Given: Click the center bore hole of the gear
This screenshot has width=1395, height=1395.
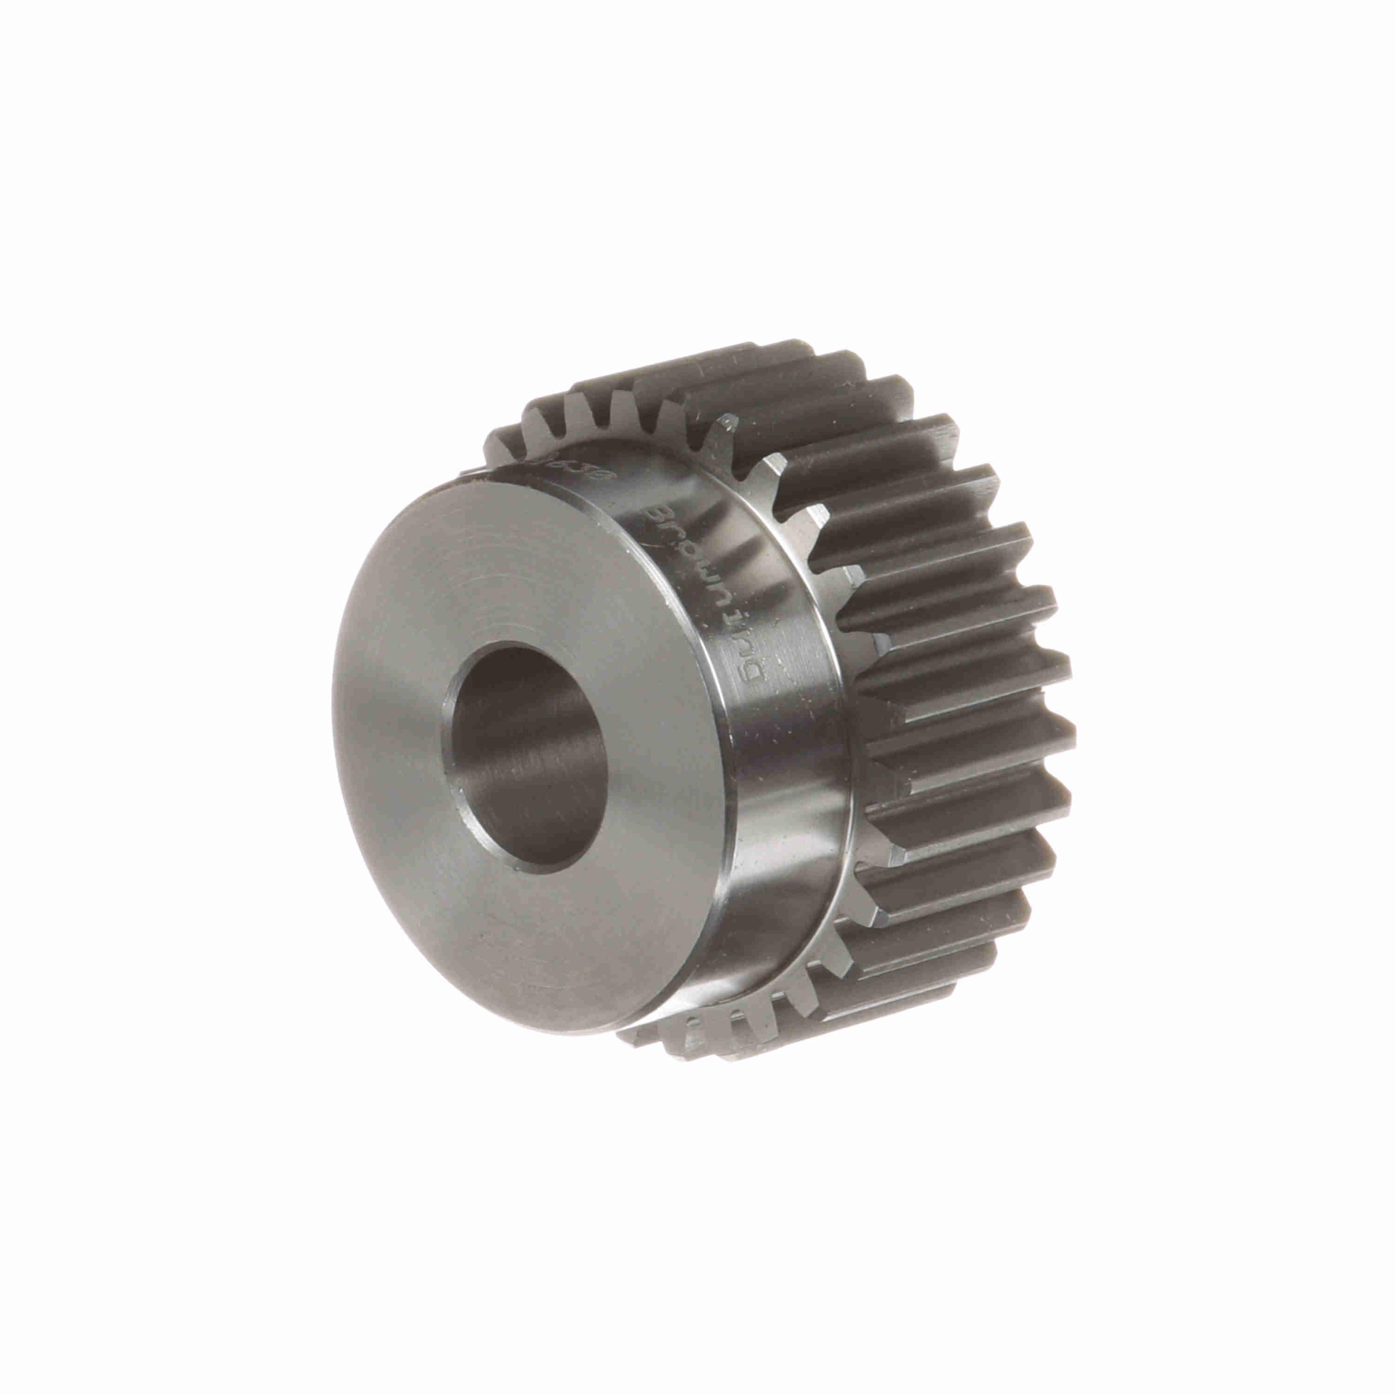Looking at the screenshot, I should [x=527, y=758].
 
